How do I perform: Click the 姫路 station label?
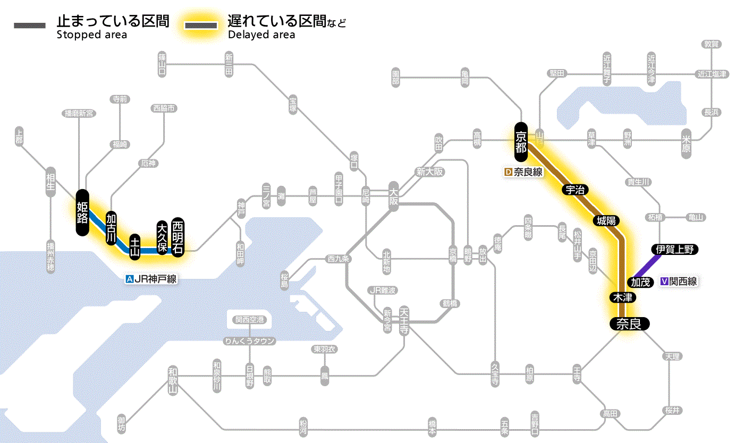click(82, 212)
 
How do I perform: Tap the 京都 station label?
click(520, 141)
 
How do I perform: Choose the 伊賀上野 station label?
click(674, 249)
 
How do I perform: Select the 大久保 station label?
click(162, 237)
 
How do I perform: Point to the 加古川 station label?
click(111, 228)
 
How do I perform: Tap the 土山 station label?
click(135, 245)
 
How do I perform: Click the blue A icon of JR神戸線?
click(129, 278)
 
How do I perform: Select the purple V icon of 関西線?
click(664, 282)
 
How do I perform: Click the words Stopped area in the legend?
click(91, 35)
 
